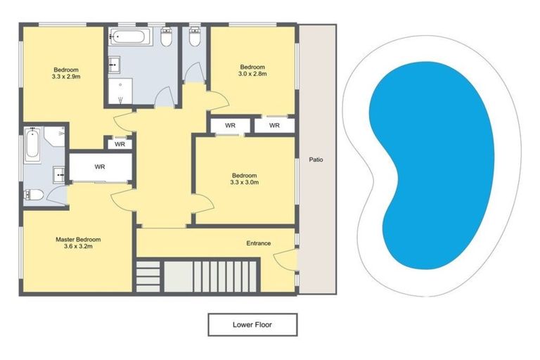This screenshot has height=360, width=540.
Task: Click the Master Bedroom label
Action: pos(78,239)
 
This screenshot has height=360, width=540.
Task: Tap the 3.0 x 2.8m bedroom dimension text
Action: pos(252,73)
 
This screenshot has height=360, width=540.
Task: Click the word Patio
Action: pos(316,160)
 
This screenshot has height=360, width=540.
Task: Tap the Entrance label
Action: pos(258,243)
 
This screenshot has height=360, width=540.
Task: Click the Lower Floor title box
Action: pos(252,325)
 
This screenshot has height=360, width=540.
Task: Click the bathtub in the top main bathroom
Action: pos(130,37)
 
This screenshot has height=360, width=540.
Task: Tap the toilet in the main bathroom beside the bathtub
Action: pos(166,39)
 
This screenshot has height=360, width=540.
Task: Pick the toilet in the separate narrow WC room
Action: pos(195,37)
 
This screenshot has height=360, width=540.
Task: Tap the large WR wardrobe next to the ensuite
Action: pos(100,167)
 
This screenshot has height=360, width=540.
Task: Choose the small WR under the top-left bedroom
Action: pos(120,144)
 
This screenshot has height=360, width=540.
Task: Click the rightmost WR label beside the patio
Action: pos(274,125)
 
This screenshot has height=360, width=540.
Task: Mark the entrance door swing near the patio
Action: pos(287,263)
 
